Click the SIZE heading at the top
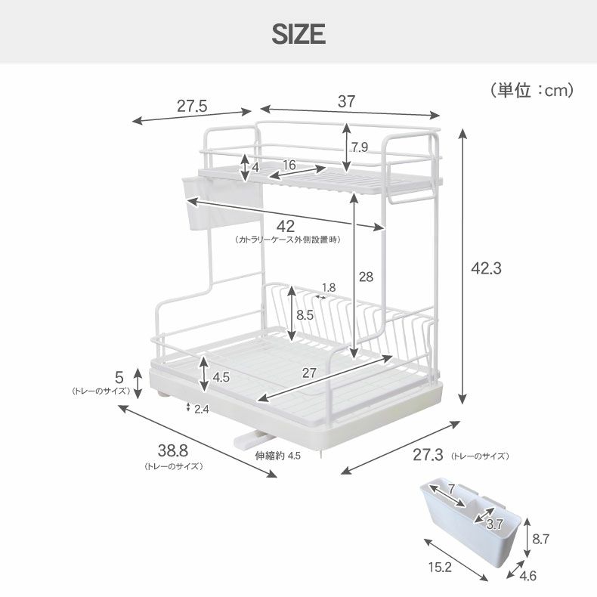(298, 34)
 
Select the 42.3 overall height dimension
(486, 268)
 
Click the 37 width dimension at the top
(346, 101)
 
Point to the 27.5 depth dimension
(192, 106)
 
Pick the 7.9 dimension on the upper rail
(360, 147)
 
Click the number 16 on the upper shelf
(289, 165)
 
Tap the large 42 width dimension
(286, 227)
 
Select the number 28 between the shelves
(366, 277)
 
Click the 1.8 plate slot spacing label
(329, 287)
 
